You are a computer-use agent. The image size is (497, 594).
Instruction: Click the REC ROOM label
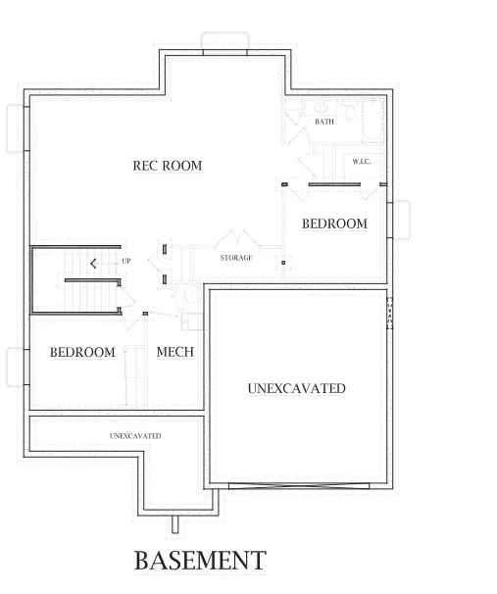pyautogui.click(x=167, y=166)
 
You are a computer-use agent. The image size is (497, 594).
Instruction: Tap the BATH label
pyautogui.click(x=324, y=122)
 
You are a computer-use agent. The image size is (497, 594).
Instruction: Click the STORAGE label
pyautogui.click(x=235, y=258)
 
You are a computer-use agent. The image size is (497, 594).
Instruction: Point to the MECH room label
pyautogui.click(x=174, y=352)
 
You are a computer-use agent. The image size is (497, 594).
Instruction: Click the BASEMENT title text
pyautogui.click(x=199, y=561)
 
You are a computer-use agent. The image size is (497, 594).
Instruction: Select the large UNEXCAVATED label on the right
pyautogui.click(x=296, y=388)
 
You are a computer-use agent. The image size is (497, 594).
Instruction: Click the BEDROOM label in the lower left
pyautogui.click(x=82, y=352)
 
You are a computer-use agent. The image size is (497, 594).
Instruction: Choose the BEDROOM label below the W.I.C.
pyautogui.click(x=334, y=223)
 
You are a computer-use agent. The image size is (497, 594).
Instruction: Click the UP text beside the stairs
pyautogui.click(x=126, y=262)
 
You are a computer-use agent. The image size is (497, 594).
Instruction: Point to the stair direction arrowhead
pyautogui.click(x=92, y=263)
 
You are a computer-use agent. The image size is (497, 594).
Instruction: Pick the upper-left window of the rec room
pyautogui.click(x=14, y=127)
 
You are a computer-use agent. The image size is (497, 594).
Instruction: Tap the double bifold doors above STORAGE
pyautogui.click(x=236, y=239)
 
